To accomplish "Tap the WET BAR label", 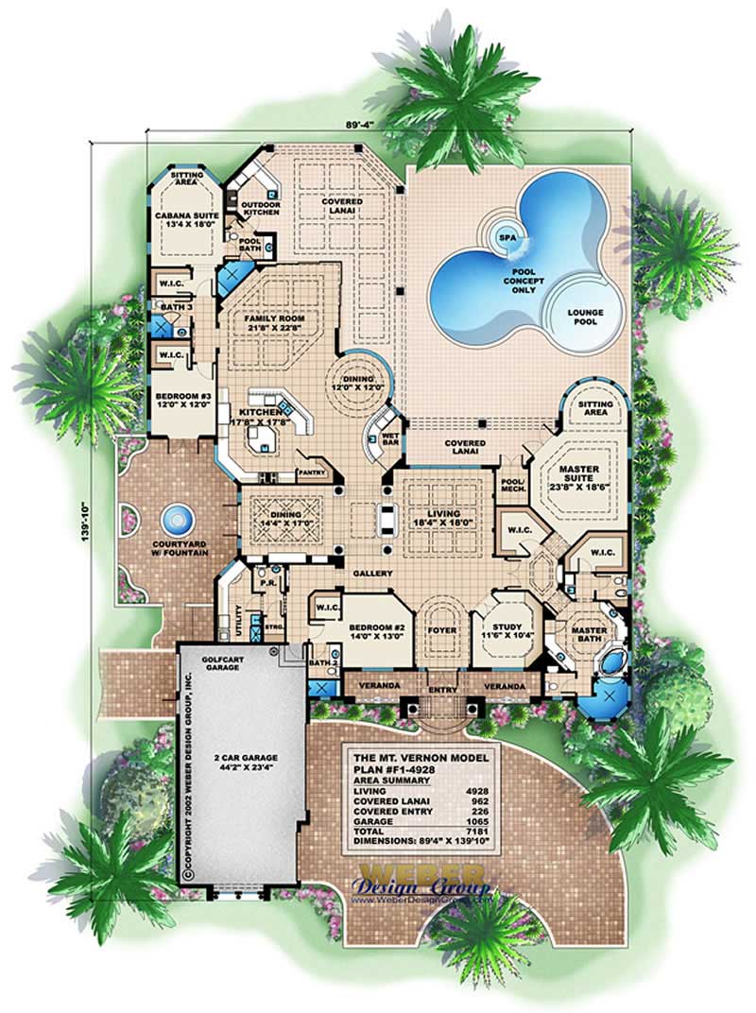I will pyautogui.click(x=388, y=440).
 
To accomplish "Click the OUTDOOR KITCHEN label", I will pyautogui.click(x=260, y=208).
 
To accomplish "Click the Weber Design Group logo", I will pyautogui.click(x=421, y=880).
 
